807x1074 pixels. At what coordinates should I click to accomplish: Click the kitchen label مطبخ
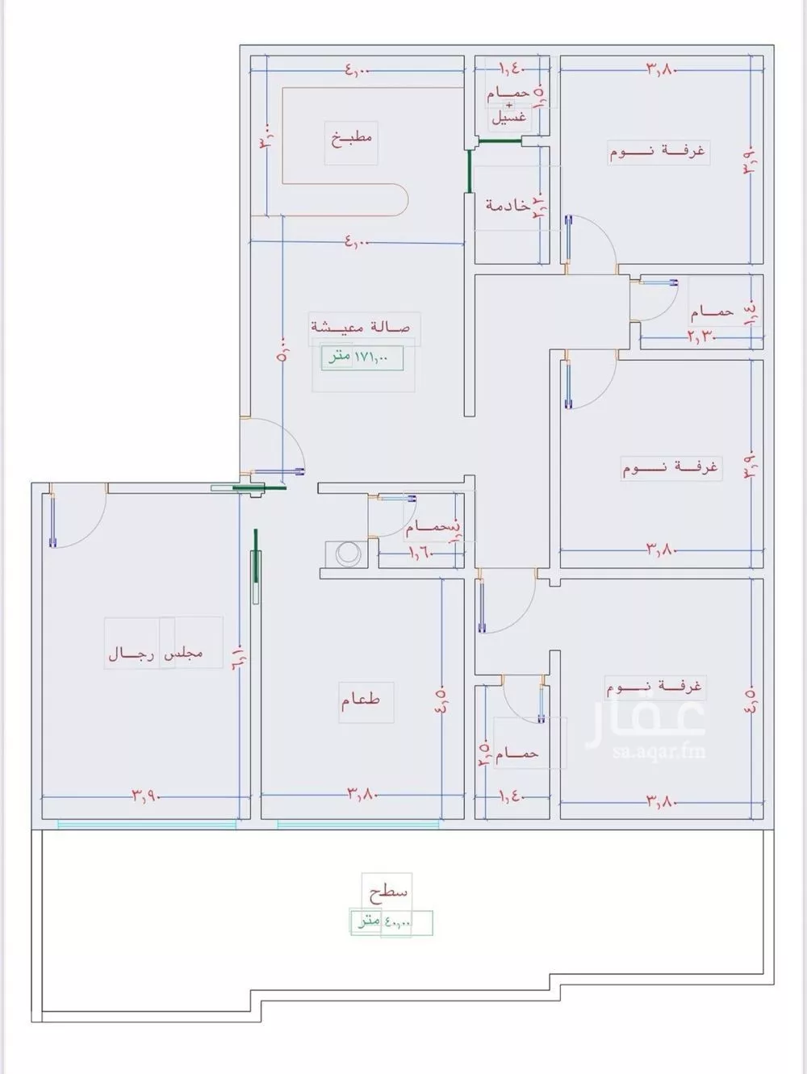351,138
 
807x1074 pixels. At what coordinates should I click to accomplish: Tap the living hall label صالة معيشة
361,327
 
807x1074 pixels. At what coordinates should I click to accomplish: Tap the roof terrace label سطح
388,893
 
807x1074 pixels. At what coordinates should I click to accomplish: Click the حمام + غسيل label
508,105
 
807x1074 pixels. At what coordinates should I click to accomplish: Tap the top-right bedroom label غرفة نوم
658,152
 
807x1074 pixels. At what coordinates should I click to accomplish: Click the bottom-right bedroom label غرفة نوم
654,687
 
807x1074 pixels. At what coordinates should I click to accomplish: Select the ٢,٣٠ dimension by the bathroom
703,335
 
